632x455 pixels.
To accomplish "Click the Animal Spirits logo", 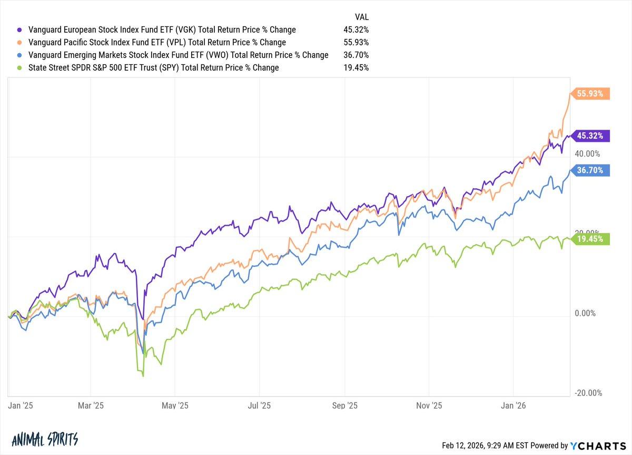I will click(x=44, y=440).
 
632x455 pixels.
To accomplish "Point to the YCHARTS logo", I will click(x=597, y=446).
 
